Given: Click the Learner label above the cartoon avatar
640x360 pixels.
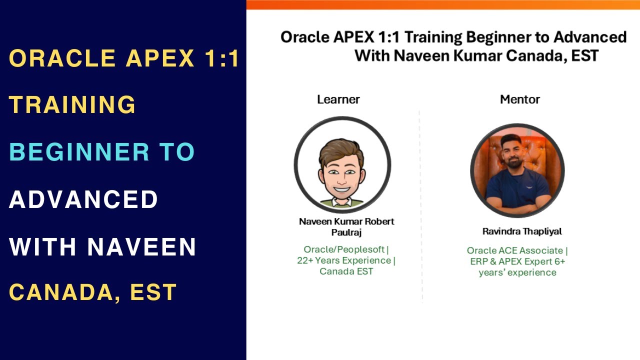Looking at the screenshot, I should (x=338, y=99).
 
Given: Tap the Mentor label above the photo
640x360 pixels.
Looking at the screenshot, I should (x=519, y=99).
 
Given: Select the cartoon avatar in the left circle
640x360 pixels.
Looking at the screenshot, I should (x=342, y=165).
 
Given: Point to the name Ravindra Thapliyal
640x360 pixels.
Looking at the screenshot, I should (x=522, y=231).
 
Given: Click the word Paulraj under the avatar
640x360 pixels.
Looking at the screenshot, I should (x=346, y=232).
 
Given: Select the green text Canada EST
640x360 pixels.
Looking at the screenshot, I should (x=346, y=271).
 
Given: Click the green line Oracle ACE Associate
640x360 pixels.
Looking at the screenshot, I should (x=515, y=250).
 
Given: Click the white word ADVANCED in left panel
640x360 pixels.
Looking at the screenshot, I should (x=83, y=199).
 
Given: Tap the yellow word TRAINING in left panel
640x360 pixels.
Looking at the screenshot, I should (x=72, y=104).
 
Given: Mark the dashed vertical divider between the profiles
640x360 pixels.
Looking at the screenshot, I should (x=420, y=205).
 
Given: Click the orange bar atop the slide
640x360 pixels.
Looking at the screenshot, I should (x=443, y=4).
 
